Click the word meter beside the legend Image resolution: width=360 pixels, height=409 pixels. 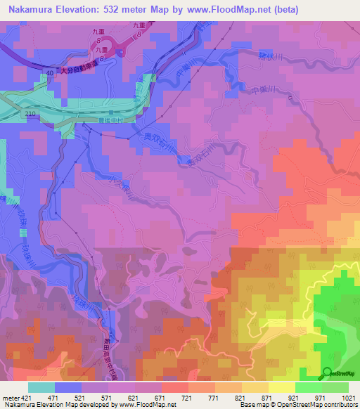coord(9,397)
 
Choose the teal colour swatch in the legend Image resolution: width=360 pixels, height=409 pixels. coord(41,387)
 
